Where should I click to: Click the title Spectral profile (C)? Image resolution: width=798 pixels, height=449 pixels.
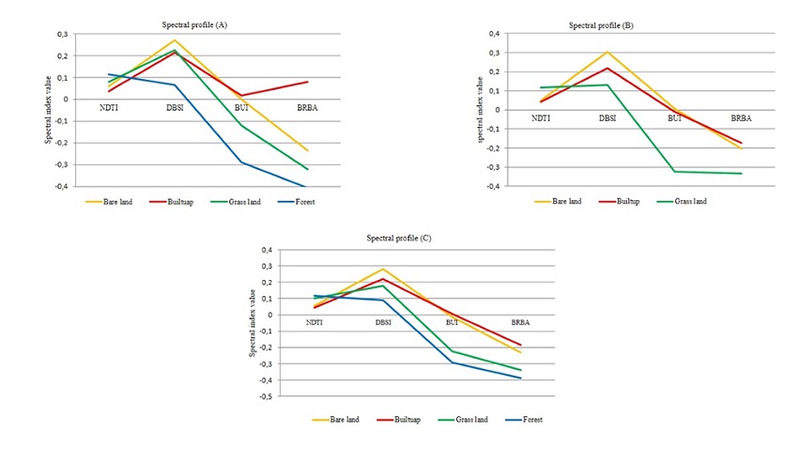point(399,240)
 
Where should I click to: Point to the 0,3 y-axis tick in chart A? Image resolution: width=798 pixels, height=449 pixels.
point(63,34)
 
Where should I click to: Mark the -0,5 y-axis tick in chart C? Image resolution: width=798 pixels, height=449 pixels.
point(266,396)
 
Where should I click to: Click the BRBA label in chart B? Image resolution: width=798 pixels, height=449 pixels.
point(742,117)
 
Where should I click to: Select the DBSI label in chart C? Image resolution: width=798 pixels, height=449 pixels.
point(383,322)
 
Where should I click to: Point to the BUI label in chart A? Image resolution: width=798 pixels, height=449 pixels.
point(239,110)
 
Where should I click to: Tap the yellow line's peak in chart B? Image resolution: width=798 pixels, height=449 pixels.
point(607,52)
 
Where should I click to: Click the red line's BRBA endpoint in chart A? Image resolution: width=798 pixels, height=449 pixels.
point(308,82)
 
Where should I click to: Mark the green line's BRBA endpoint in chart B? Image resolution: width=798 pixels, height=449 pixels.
point(742,173)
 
